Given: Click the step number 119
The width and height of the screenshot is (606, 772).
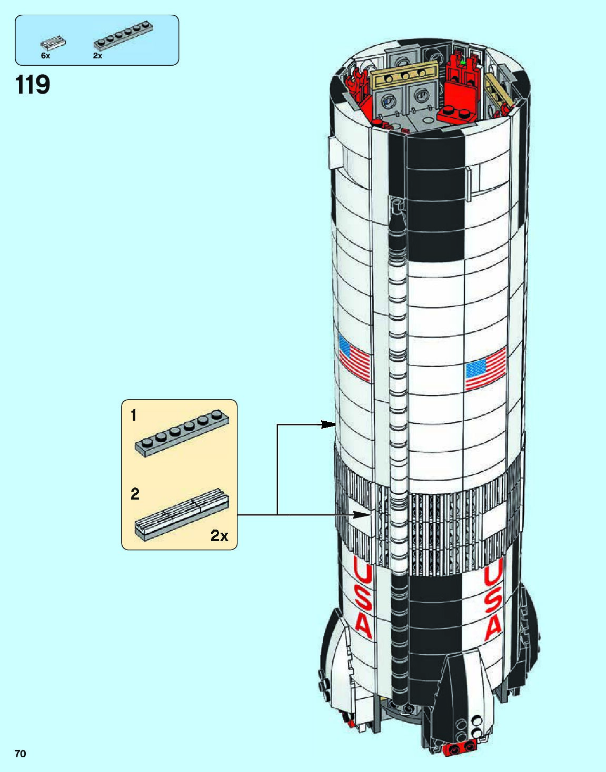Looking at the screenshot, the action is (33, 85).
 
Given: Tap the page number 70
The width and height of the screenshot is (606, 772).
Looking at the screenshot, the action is (20, 754).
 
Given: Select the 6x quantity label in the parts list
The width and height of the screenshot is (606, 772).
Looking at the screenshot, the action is (45, 56).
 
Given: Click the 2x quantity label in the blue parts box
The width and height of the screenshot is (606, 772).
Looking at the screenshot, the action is (97, 56).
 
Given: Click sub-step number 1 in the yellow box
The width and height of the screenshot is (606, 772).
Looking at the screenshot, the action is (134, 415).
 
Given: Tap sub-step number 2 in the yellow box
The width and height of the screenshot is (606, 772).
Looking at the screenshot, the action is (135, 494).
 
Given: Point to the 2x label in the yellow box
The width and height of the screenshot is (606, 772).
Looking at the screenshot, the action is (219, 536).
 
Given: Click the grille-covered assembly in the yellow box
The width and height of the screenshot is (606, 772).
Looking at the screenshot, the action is (182, 513).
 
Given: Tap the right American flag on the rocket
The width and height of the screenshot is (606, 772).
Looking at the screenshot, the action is (485, 368).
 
